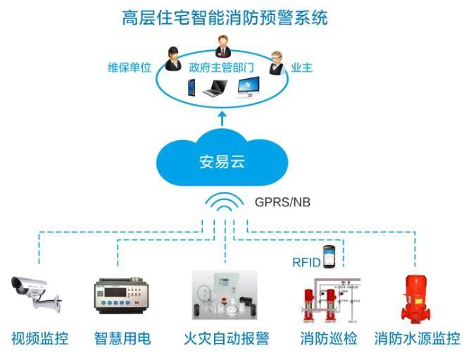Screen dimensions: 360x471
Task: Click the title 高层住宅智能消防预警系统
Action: pyautogui.click(x=224, y=18)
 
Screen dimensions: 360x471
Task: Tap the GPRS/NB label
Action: pyautogui.click(x=282, y=202)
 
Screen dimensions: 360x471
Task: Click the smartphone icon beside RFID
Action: pyautogui.click(x=328, y=257)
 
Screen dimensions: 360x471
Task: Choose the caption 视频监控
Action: pyautogui.click(x=40, y=339)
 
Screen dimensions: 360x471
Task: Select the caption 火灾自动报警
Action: pyautogui.click(x=226, y=339)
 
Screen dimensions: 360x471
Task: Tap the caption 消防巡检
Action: pyautogui.click(x=328, y=339)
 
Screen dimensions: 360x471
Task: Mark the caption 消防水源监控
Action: pyautogui.click(x=417, y=339)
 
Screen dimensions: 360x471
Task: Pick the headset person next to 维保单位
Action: pyautogui.click(x=172, y=59)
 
